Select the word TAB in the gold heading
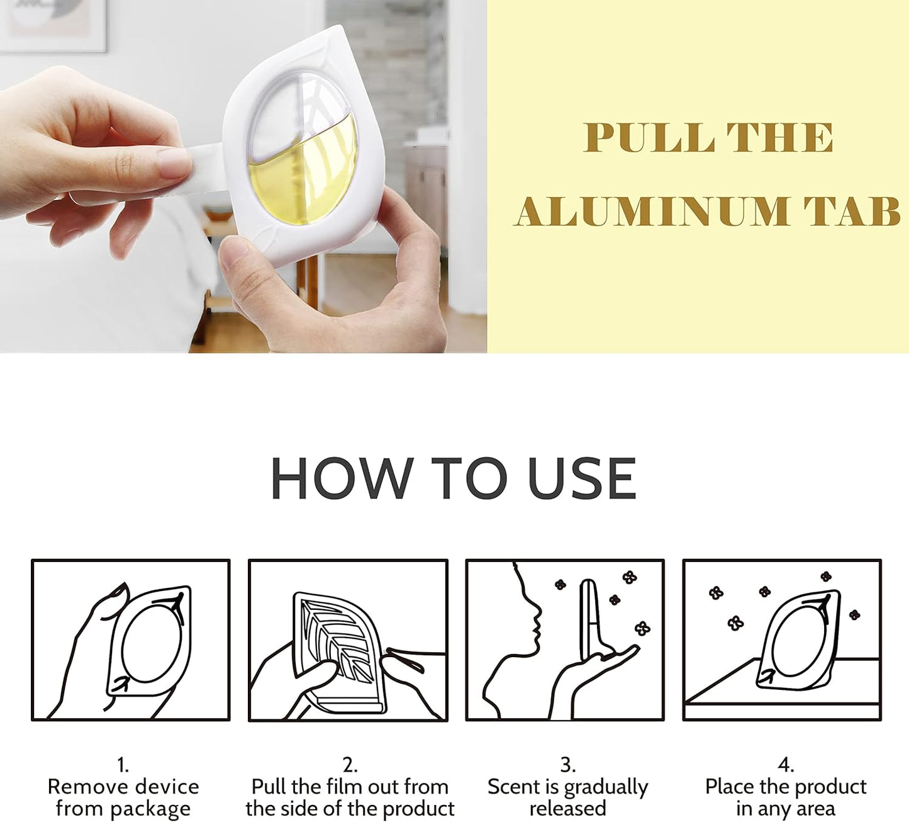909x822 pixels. (852, 211)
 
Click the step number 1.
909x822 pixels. (123, 765)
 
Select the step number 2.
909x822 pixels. (349, 765)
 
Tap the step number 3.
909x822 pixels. (568, 765)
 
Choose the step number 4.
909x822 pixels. (785, 765)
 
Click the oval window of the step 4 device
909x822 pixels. (795, 639)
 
